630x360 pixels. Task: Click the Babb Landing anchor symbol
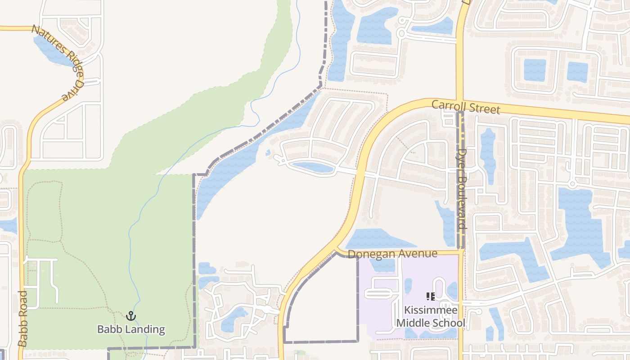pos(131,316)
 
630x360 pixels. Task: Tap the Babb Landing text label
pos(131,329)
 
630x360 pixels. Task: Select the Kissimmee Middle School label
pos(431,316)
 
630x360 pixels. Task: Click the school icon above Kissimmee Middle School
pos(431,297)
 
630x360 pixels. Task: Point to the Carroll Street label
pos(465,107)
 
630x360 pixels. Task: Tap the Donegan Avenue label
pos(392,254)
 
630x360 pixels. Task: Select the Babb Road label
pos(22,318)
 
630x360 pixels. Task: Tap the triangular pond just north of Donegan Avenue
pos(373,239)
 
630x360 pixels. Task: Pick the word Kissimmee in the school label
pos(431,310)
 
